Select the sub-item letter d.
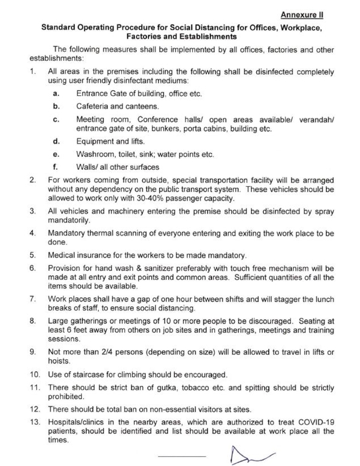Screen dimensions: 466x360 click(x=56, y=142)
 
